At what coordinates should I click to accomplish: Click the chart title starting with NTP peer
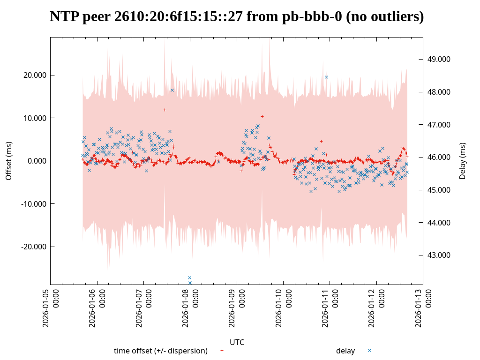coord(237,17)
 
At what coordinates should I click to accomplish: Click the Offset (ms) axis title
coord(8,161)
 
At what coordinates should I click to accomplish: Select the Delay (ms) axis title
coord(463,161)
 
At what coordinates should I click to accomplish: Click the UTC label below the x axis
coord(237,342)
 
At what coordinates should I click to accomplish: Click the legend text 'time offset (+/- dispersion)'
coord(161,351)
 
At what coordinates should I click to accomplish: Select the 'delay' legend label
coord(345,351)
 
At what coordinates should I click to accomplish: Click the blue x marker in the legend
coord(369,350)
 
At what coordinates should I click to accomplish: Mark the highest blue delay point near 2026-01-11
coord(326,77)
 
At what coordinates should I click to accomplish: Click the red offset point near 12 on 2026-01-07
coord(165,110)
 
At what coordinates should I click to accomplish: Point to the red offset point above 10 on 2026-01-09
coord(262,116)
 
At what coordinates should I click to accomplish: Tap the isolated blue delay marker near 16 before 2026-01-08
coord(172,90)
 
